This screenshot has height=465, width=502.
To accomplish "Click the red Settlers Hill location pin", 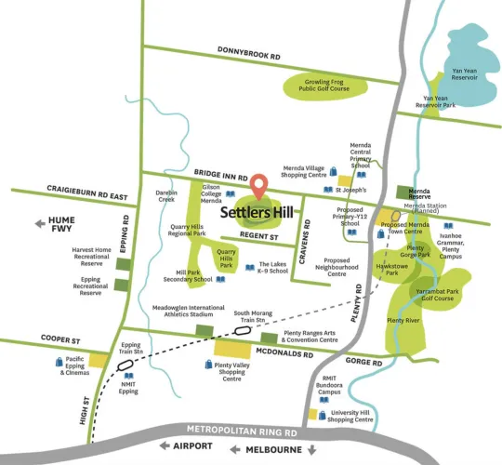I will (261, 184).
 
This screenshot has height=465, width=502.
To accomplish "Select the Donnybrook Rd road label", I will (249, 57).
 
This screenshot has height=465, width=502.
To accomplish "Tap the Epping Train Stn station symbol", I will (127, 365).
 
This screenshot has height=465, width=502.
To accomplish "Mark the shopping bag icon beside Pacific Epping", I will (58, 362).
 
